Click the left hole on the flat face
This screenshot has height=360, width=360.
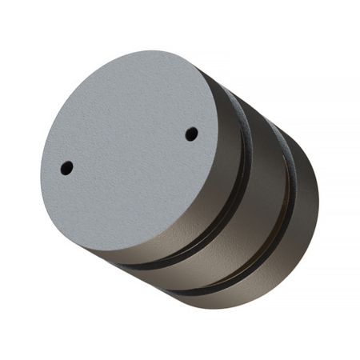(66, 168)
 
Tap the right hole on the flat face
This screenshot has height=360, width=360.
(191, 134)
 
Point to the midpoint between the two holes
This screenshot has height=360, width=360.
(129, 151)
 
